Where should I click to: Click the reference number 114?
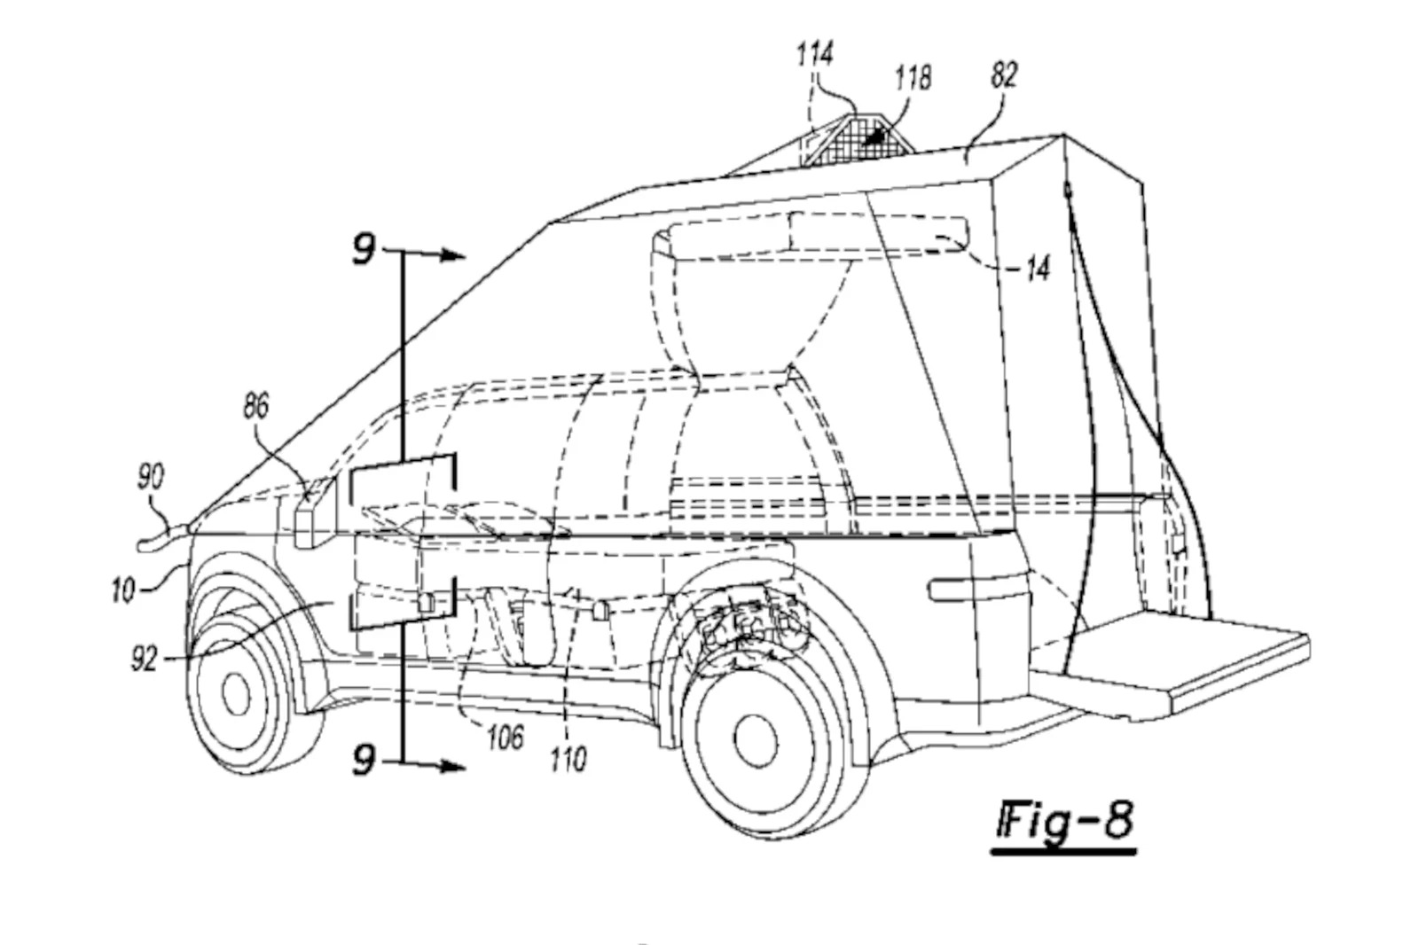[x=814, y=55]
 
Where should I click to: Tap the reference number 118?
[x=913, y=78]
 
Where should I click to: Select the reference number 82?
[x=1003, y=75]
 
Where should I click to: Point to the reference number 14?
[x=1036, y=268]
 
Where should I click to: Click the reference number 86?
[x=255, y=407]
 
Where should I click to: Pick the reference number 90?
[x=150, y=478]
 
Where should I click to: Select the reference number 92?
[x=144, y=659]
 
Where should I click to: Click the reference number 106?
[x=505, y=738]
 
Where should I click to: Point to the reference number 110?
[x=568, y=759]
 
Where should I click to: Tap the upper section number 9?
[x=364, y=249]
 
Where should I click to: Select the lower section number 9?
[x=364, y=760]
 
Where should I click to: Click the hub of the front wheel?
[x=236, y=693]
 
